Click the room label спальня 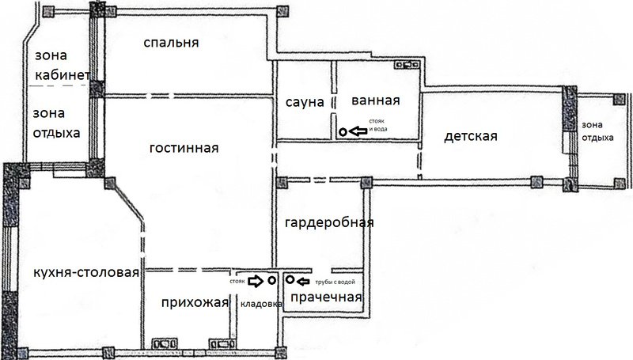(x=171, y=43)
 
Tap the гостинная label (x=184, y=148)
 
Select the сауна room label (x=305, y=102)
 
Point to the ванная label (x=375, y=100)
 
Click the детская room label (x=471, y=136)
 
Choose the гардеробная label (x=329, y=223)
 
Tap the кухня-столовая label (x=86, y=273)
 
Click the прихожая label (x=195, y=303)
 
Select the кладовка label (x=261, y=305)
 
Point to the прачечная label (x=326, y=297)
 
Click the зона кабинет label (x=63, y=65)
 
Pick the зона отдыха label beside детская (x=597, y=131)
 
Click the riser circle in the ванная (x=343, y=131)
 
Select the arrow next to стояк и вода (x=358, y=131)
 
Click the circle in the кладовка (x=271, y=279)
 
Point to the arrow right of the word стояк (x=256, y=281)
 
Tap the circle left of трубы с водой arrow (x=290, y=279)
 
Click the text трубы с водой (x=335, y=282)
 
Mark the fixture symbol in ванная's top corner (x=407, y=64)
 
